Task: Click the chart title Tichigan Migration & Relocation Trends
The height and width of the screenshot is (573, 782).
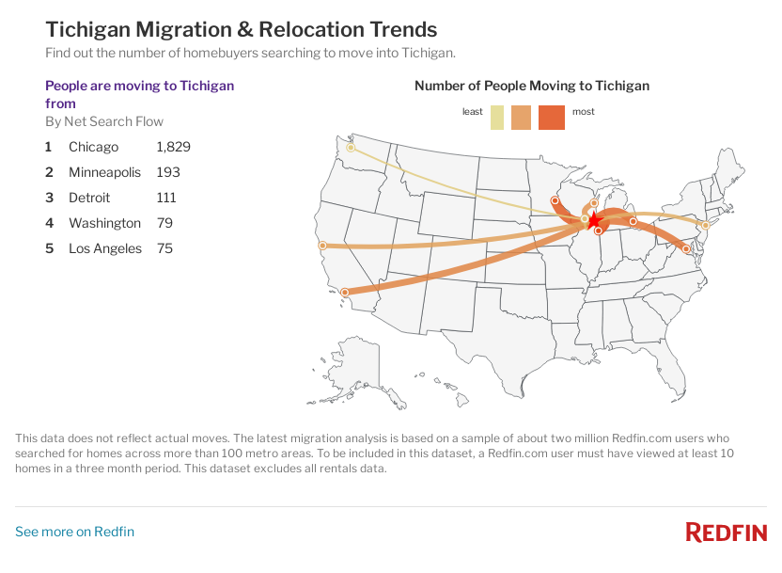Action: coord(241,29)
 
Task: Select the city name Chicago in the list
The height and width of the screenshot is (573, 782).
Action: coord(93,147)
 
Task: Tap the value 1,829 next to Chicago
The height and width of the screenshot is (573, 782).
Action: coord(173,147)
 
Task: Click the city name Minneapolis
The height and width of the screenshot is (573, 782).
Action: coord(104,172)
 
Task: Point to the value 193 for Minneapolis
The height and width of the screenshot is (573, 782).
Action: coord(167,172)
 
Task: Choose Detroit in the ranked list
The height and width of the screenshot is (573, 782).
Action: coord(89,198)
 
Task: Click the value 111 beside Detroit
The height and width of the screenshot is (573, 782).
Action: coord(166,198)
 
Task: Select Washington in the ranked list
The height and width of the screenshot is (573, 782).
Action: coord(104,223)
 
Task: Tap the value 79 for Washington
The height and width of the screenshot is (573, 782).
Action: coord(164,223)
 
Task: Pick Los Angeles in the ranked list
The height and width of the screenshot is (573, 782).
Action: coord(105,248)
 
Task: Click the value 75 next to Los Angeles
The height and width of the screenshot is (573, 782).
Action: coord(164,248)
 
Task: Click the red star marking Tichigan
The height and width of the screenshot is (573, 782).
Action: coord(593,219)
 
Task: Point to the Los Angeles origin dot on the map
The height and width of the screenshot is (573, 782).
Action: coord(345,293)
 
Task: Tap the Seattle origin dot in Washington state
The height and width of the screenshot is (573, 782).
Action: coord(351,148)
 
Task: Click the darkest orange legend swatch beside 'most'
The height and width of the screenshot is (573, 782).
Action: coord(552,118)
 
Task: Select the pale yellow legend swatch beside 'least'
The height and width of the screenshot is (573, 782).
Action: coord(497,118)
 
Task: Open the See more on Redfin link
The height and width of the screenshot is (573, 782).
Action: coord(74,532)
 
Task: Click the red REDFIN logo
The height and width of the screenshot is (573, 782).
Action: coord(726,532)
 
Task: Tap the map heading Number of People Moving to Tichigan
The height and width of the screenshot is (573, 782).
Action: coord(531,86)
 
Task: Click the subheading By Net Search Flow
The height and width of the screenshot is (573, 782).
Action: coord(104,121)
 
